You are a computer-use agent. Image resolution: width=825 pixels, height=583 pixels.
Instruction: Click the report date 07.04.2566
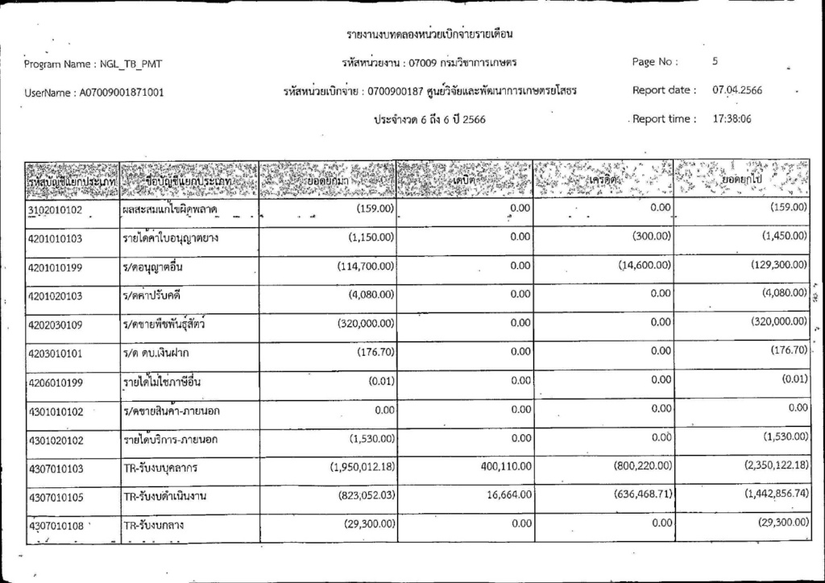pos(737,90)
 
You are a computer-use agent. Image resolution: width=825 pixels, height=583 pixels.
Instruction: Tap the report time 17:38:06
pos(732,119)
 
